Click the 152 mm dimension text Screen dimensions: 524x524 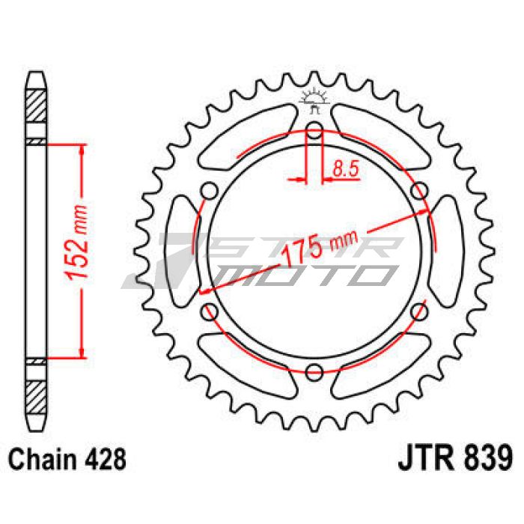76,242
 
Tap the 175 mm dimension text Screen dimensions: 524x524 320,246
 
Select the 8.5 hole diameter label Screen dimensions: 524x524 345,168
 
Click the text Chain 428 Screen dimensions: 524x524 67,459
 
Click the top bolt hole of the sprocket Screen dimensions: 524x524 314,130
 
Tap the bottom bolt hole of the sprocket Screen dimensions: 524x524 314,371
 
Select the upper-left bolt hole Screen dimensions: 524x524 210,191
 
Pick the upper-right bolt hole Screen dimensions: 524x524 419,191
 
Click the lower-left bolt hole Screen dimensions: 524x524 210,311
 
